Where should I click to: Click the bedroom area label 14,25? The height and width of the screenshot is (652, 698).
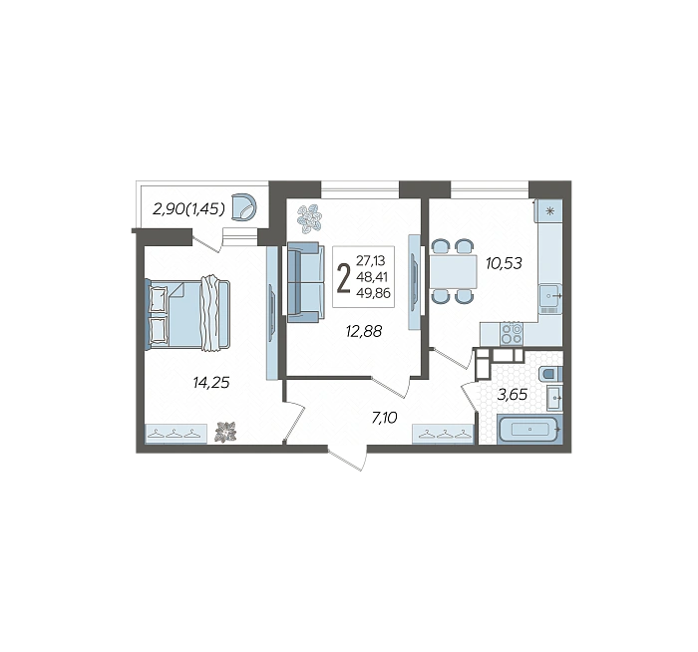point(211,382)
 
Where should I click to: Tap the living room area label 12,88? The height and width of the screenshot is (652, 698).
point(364,331)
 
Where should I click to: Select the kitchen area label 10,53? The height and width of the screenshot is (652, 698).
point(504,263)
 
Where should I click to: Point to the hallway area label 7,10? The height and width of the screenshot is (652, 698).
point(384,418)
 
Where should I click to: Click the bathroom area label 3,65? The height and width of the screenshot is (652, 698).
point(513,395)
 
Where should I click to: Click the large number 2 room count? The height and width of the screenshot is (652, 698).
point(344,277)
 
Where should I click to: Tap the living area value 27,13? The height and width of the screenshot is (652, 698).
point(370,260)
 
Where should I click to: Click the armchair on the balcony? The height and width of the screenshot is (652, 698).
point(245,207)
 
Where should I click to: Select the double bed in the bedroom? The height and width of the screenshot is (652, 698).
point(187,314)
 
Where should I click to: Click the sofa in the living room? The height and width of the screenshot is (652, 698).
point(305,282)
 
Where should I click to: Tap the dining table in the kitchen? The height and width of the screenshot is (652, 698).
point(453,271)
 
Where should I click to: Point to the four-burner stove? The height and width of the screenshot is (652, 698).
point(512,334)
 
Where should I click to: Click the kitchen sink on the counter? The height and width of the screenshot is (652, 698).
point(550,295)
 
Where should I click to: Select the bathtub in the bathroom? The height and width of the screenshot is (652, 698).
point(529,429)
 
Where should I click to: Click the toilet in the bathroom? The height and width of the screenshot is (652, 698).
point(551,374)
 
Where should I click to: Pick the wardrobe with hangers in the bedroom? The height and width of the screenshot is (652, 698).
point(176,434)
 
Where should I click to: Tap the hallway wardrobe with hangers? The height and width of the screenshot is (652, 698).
point(443,434)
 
